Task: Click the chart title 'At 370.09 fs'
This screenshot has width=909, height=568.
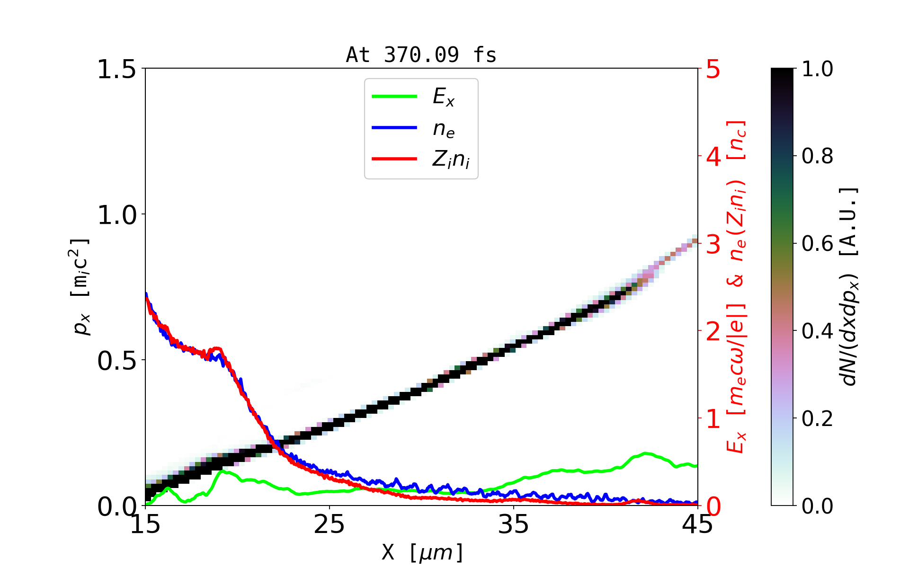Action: coord(421,55)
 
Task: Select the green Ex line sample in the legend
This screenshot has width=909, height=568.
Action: coord(394,97)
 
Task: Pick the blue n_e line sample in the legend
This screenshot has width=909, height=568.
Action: coord(394,128)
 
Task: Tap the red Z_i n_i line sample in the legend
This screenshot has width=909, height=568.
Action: coord(394,159)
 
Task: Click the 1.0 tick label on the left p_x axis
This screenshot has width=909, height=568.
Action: coord(116,215)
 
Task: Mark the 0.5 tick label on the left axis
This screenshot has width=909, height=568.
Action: coord(116,361)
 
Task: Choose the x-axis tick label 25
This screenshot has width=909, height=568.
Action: coord(329,524)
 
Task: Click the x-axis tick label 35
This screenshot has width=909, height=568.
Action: coord(514,524)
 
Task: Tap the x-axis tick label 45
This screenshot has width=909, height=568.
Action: coord(697,524)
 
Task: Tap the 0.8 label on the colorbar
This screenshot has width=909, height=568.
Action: coord(817,156)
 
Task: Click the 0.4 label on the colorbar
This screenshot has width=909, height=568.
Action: coord(817,331)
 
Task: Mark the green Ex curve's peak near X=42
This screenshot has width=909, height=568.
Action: coord(646,453)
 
